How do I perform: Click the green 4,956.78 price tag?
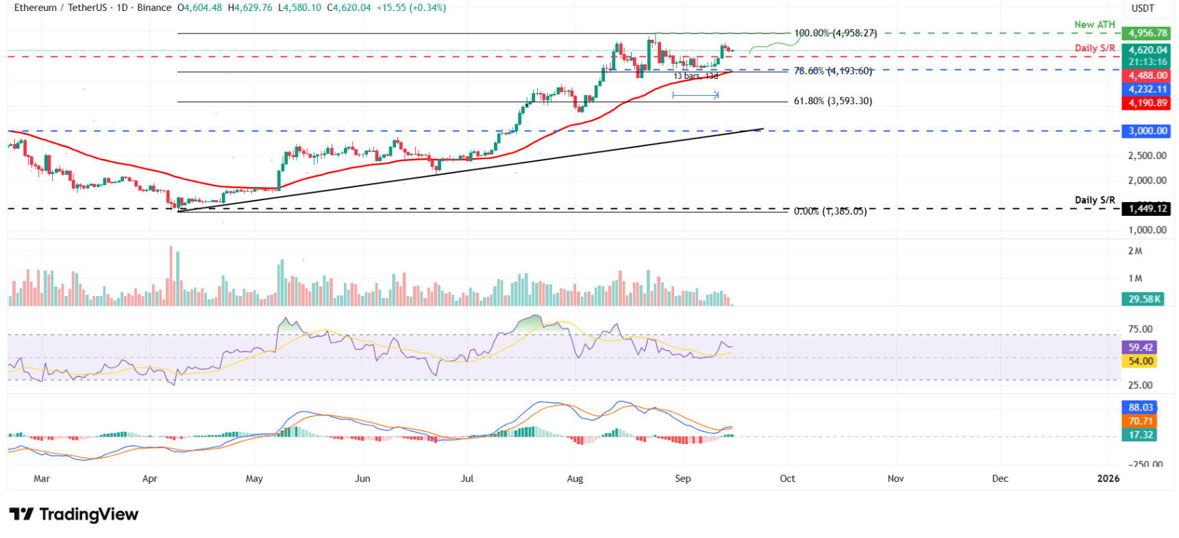pos(1147,33)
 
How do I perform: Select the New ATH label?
pos(1094,25)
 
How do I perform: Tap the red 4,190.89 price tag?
pos(1147,103)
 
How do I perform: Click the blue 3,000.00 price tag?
pos(1147,131)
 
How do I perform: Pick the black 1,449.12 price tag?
pos(1147,208)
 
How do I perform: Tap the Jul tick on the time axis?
pos(467,478)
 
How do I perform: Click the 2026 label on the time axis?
pos(1108,478)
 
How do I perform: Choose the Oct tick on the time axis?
pos(787,478)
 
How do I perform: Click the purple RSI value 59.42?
pos(1141,347)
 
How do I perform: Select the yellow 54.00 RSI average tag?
pos(1141,361)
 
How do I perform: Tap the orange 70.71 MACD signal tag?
pos(1141,421)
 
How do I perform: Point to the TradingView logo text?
pos(88,514)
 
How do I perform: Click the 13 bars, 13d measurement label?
pos(695,76)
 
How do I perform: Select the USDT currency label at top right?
pos(1142,8)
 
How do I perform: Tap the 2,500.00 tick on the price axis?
pos(1147,156)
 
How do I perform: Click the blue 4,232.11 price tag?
pos(1147,89)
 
